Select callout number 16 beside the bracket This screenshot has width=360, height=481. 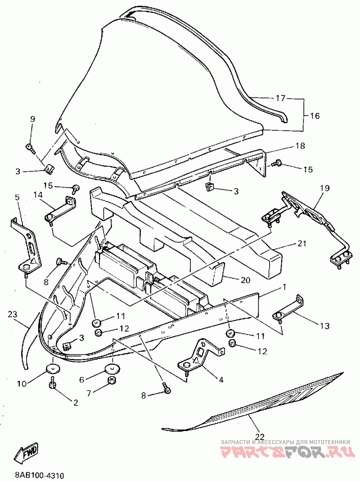pyautogui.click(x=315, y=116)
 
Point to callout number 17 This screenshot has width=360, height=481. pyautogui.click(x=280, y=98)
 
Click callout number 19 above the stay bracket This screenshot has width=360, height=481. pyautogui.click(x=324, y=188)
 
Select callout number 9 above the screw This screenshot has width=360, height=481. pyautogui.click(x=32, y=119)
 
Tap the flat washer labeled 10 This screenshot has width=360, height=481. pyautogui.click(x=53, y=368)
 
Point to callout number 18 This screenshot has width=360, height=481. pyautogui.click(x=300, y=146)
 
